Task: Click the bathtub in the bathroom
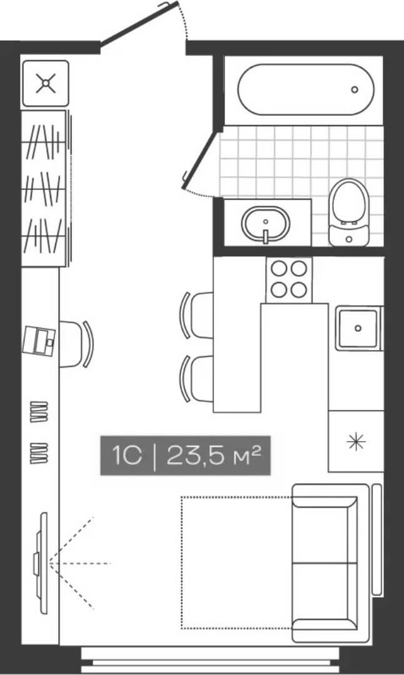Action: click(305, 89)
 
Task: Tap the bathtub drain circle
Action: click(355, 89)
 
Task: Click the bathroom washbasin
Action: click(265, 223)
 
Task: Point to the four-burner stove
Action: click(288, 279)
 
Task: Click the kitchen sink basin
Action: click(358, 327)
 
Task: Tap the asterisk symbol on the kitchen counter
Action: click(356, 442)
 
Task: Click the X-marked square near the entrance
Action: click(45, 83)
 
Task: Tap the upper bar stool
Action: click(197, 315)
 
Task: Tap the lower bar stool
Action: click(197, 379)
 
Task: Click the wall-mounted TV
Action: click(41, 562)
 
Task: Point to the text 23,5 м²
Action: click(213, 456)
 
